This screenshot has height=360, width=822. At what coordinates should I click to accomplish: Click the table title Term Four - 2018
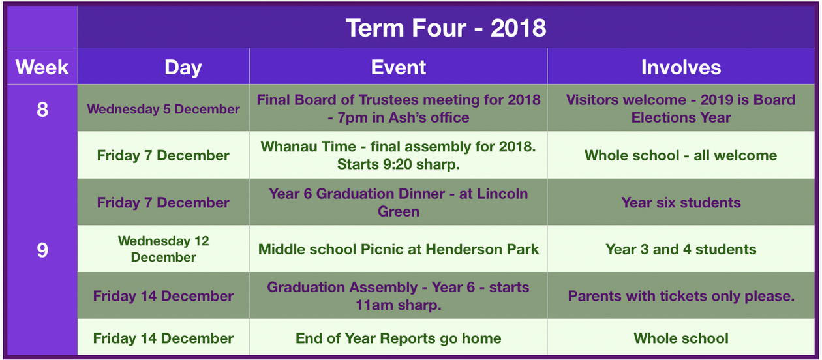click(x=446, y=28)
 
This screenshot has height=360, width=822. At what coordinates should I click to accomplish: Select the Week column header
click(x=42, y=67)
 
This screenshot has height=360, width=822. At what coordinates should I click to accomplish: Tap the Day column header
click(x=183, y=68)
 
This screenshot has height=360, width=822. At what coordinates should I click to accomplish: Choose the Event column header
click(x=398, y=67)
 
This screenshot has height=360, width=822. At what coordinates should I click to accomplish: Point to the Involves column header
click(x=681, y=67)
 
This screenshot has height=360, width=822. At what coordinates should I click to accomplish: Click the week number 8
click(x=42, y=110)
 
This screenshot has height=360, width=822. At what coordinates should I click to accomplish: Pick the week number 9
click(x=42, y=250)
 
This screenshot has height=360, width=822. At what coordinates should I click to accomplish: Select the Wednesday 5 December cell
click(x=163, y=109)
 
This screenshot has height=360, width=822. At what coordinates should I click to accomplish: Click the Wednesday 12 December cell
click(x=163, y=249)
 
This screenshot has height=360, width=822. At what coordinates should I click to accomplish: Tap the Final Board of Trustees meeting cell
click(x=399, y=109)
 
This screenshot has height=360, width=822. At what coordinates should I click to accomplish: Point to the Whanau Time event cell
click(x=399, y=155)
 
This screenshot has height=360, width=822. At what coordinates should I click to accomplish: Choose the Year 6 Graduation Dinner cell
click(x=399, y=202)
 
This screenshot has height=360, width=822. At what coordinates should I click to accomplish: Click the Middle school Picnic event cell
click(x=399, y=249)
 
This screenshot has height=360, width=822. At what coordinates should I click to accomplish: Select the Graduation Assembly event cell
click(x=399, y=296)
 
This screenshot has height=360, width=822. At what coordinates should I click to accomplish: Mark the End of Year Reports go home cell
click(x=399, y=338)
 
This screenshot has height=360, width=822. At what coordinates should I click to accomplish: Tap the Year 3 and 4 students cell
click(x=681, y=249)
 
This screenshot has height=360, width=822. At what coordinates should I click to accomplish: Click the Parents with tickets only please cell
click(x=681, y=296)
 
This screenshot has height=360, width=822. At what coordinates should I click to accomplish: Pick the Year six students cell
click(x=681, y=203)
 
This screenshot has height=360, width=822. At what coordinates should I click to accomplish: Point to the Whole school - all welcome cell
click(x=681, y=156)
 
